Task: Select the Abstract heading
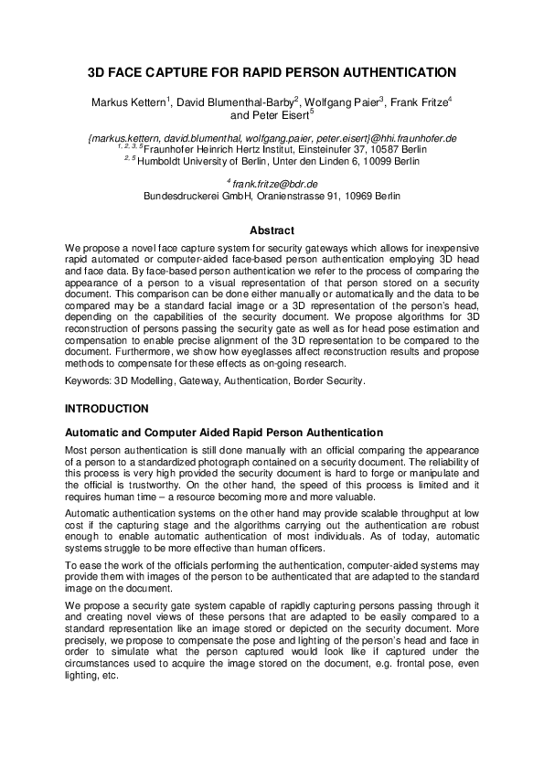point(272,230)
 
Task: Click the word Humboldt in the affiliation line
point(165,162)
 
